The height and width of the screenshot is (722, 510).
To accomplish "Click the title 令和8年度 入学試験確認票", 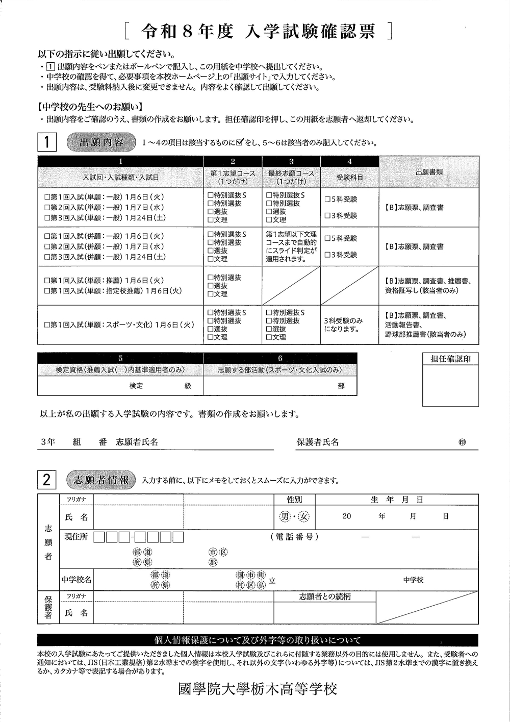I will tap(259, 32).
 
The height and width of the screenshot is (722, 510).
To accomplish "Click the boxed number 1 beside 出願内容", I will tap(47, 142).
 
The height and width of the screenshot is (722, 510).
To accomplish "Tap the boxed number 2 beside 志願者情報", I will tap(47, 480).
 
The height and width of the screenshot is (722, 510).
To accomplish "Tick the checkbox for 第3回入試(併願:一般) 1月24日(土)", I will tap(47, 257).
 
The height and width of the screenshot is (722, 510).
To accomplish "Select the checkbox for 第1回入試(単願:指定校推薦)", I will tap(47, 291).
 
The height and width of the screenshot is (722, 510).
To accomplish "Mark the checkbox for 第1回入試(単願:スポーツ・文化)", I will tap(47, 325).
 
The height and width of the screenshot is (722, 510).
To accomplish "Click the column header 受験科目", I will tap(349, 177).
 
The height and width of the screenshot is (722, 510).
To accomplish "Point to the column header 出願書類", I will tap(429, 172).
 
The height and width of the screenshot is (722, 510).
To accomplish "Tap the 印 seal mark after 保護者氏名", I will tap(462, 443).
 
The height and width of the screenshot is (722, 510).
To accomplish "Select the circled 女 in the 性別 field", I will tap(304, 516).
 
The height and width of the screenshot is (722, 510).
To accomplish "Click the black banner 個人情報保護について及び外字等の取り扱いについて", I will tap(258, 641).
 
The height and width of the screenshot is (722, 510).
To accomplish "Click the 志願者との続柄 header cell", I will tap(325, 596).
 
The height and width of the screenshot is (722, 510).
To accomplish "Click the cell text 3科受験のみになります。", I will tap(343, 325).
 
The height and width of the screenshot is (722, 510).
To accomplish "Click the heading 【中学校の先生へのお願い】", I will tap(90, 107).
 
